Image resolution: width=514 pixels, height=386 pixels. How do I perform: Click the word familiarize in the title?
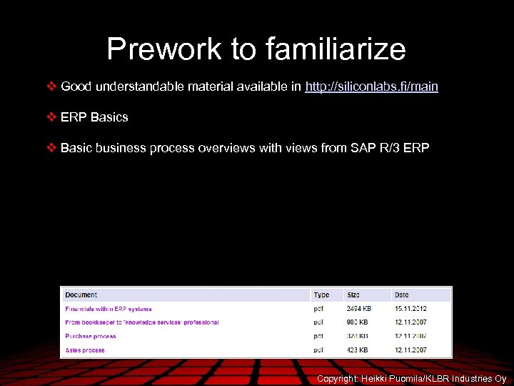click(x=336, y=49)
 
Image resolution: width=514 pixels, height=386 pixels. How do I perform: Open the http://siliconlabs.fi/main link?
click(x=371, y=86)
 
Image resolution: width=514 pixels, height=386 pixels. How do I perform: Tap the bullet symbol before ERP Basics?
click(x=51, y=117)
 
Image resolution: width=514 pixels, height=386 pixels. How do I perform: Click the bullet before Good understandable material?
click(x=51, y=86)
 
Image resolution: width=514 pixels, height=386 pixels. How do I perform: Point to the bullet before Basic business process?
click(x=51, y=148)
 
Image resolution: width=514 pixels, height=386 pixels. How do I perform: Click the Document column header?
click(x=81, y=295)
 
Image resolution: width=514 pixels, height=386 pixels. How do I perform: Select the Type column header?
click(x=321, y=295)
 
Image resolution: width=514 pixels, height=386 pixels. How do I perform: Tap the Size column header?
click(x=353, y=295)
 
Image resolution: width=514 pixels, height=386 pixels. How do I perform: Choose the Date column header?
click(x=402, y=295)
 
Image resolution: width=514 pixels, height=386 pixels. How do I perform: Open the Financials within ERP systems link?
click(x=109, y=309)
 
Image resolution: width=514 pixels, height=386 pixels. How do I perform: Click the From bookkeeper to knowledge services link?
click(x=141, y=322)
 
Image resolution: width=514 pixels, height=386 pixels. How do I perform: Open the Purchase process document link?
click(x=91, y=336)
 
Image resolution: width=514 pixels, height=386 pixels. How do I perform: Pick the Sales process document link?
click(x=85, y=350)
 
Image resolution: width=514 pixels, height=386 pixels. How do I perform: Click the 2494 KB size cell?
click(x=358, y=309)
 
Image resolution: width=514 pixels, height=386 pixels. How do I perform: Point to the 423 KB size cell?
click(x=357, y=350)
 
